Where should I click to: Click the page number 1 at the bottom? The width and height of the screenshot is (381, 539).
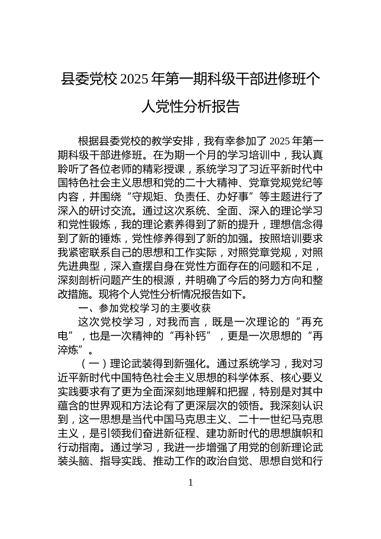point(190,482)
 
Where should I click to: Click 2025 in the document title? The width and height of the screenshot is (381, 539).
point(134,79)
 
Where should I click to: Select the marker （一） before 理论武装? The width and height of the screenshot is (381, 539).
point(93,363)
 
